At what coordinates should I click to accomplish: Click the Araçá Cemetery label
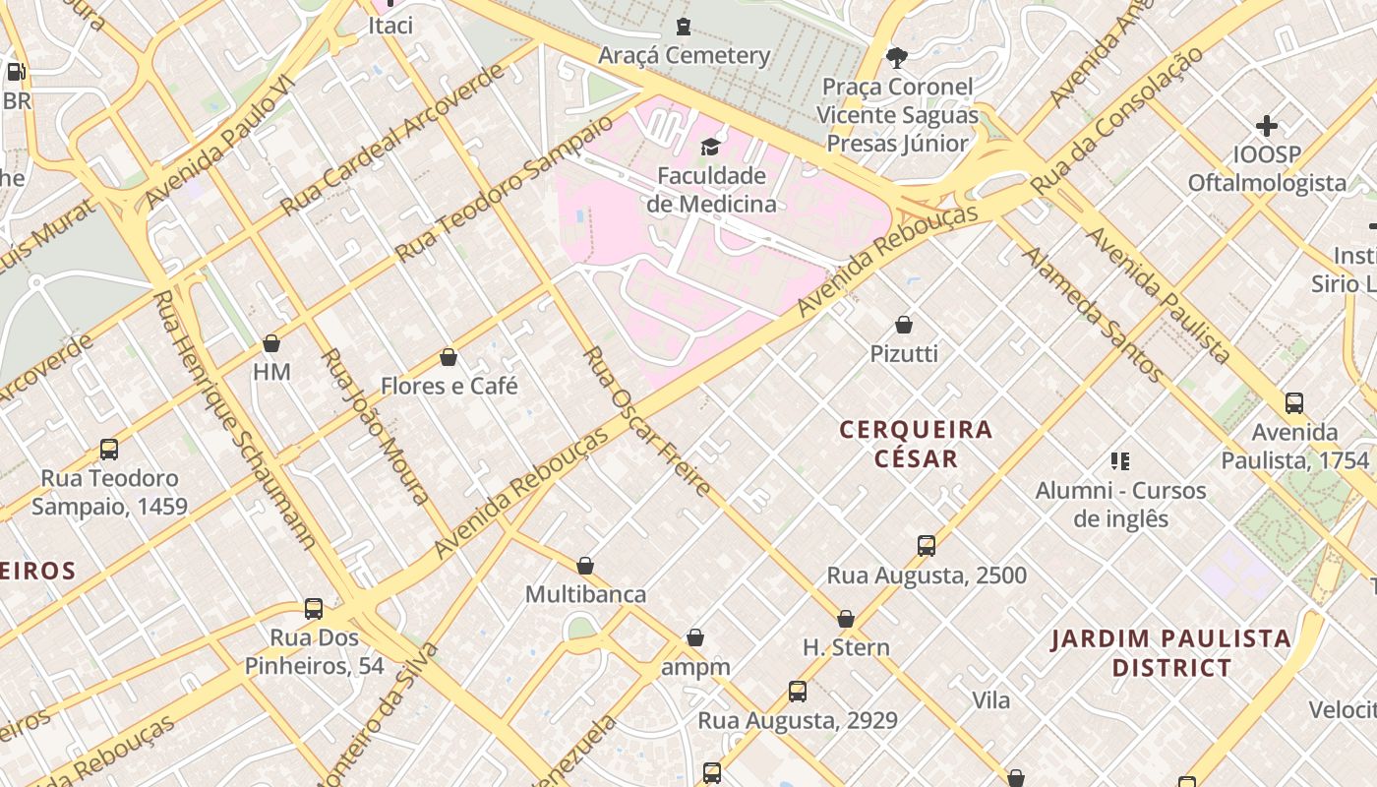(x=684, y=55)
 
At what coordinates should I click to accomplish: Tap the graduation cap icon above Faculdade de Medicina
(x=709, y=148)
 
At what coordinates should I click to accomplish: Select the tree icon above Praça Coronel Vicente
(x=897, y=57)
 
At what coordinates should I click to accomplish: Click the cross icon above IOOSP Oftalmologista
(x=1267, y=126)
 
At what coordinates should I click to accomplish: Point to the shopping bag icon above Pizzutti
(x=904, y=325)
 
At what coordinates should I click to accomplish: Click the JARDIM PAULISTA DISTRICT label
(x=1170, y=653)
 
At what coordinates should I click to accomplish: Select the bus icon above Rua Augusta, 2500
(x=926, y=546)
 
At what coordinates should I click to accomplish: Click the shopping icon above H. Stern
(x=846, y=619)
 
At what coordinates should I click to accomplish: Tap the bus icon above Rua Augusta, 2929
(x=798, y=692)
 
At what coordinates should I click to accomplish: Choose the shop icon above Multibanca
(x=585, y=566)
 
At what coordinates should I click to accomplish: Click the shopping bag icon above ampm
(x=695, y=638)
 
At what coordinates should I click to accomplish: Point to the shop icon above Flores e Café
(x=449, y=357)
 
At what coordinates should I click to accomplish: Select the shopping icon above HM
(x=271, y=343)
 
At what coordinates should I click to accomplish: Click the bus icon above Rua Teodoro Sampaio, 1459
(x=109, y=450)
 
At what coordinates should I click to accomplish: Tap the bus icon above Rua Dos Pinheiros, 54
(x=314, y=609)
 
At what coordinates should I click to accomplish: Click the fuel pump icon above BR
(x=16, y=72)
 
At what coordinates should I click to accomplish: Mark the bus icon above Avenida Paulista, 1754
(x=1294, y=403)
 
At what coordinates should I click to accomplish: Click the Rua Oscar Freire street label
(x=646, y=421)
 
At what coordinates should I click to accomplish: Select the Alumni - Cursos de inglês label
(x=1120, y=504)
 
